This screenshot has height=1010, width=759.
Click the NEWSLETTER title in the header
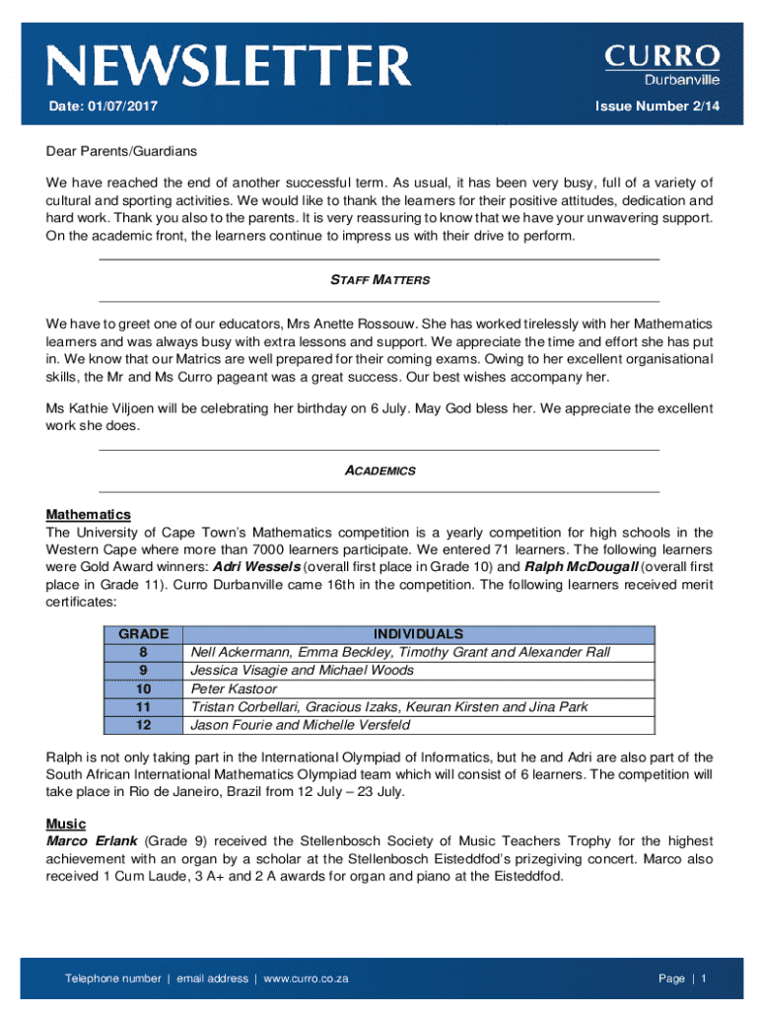(229, 65)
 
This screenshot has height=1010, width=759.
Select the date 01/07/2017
(103, 107)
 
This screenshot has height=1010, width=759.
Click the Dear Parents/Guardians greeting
(121, 151)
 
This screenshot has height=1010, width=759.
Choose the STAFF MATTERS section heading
(379, 280)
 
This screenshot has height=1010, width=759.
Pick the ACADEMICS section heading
(379, 470)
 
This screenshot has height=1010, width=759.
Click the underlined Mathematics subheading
(88, 515)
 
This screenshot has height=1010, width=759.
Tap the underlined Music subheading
(66, 824)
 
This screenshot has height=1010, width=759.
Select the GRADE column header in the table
(144, 634)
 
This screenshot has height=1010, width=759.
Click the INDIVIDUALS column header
(419, 634)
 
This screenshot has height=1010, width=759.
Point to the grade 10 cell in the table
(144, 688)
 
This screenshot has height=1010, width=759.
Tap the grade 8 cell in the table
(144, 652)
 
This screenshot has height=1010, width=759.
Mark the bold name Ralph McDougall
(581, 567)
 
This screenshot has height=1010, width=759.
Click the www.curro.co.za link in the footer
(307, 978)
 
